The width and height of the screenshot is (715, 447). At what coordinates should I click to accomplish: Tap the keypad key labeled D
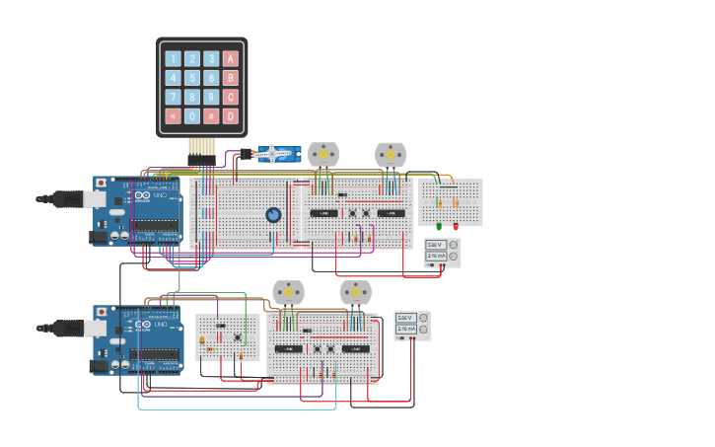231,115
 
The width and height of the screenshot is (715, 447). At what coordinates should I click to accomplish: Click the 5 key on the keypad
192,77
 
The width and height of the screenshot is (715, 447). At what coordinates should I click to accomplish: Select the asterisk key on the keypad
173,115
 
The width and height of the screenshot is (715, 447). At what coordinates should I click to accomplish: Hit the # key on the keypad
211,115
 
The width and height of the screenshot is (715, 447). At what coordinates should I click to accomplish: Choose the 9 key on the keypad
211,97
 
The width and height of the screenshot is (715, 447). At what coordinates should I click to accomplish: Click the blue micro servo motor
276,153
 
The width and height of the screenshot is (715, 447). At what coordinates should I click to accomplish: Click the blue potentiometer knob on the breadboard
273,214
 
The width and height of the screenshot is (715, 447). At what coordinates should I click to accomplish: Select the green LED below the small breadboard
439,227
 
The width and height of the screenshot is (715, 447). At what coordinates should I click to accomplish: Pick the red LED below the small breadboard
456,227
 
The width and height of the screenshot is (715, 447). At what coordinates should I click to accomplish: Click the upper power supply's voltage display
435,245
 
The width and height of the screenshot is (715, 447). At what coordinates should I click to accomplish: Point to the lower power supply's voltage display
405,318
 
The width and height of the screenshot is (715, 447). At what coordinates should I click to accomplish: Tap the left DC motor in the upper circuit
323,154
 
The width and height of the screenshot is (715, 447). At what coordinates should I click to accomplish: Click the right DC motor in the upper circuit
391,154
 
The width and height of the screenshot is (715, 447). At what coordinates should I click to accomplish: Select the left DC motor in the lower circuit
289,292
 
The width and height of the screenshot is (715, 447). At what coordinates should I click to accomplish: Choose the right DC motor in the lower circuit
355,292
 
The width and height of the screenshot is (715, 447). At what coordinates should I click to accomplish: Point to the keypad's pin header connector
201,159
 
